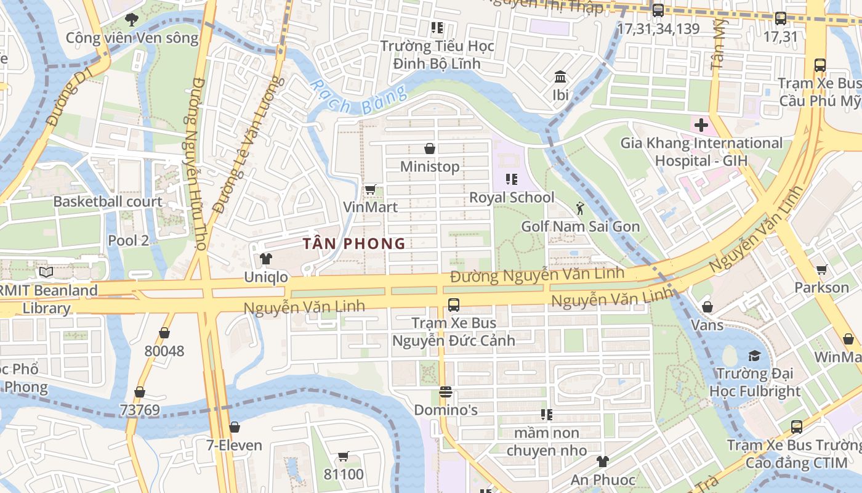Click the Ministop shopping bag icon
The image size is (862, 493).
point(430,149)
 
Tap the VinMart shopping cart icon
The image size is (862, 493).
point(370,190)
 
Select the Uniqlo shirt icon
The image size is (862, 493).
point(265,259)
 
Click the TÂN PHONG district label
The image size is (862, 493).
point(354,243)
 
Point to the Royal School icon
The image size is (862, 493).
point(511,179)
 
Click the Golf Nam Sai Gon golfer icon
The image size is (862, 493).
point(579,208)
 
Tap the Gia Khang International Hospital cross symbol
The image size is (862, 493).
point(701,126)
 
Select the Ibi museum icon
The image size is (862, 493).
point(560,77)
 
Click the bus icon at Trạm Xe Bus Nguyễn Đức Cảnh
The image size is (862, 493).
point(454,304)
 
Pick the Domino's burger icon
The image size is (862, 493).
point(446,392)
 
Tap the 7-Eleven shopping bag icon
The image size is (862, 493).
point(234,427)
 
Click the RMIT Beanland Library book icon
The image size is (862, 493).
point(46,272)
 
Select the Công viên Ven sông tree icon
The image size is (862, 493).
point(131,20)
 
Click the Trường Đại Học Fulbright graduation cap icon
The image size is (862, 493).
point(754,356)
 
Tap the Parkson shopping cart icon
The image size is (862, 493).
point(821,269)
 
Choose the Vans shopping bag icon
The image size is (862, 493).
point(707,306)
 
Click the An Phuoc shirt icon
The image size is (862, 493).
point(602,462)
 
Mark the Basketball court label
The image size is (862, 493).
point(108,202)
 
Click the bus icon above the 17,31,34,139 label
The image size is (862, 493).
point(658,10)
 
